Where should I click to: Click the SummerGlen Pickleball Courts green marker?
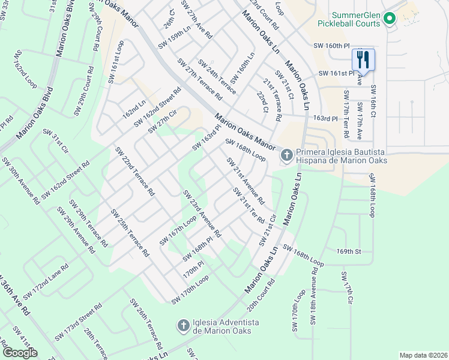click(389, 19)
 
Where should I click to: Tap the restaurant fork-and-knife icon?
click(363, 59)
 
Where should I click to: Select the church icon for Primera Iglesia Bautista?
click(286, 155)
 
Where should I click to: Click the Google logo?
click(20, 352)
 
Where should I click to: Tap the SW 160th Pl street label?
click(331, 46)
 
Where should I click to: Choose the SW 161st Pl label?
click(336, 73)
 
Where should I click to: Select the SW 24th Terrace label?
click(217, 77)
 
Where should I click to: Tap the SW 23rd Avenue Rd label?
click(202, 213)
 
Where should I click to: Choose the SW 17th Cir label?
click(348, 291)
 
